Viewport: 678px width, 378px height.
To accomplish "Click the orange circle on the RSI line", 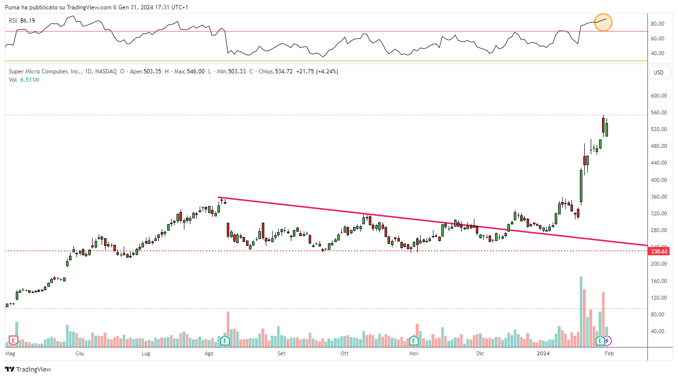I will point(603,23).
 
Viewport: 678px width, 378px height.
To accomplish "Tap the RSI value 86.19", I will point(28,20).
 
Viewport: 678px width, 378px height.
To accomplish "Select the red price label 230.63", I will point(659,251).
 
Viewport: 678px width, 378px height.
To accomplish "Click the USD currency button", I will point(659,73).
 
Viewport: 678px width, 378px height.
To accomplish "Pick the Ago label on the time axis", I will point(209,353).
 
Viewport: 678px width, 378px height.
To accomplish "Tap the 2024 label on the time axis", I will point(543,353).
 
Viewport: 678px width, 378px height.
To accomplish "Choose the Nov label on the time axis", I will point(414,353).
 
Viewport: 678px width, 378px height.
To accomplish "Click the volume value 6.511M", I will point(30,80).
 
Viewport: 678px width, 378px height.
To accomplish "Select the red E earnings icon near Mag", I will point(13,340).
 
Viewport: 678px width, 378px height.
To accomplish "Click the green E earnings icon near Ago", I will point(225,340).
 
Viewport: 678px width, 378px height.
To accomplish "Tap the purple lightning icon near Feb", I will point(607,341).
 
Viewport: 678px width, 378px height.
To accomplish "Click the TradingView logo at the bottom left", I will point(28,369).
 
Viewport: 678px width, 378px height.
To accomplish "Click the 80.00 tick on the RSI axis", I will point(657,24).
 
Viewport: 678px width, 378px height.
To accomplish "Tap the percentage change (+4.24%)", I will point(327,71).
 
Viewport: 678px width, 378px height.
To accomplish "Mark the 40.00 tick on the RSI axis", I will point(657,53).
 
